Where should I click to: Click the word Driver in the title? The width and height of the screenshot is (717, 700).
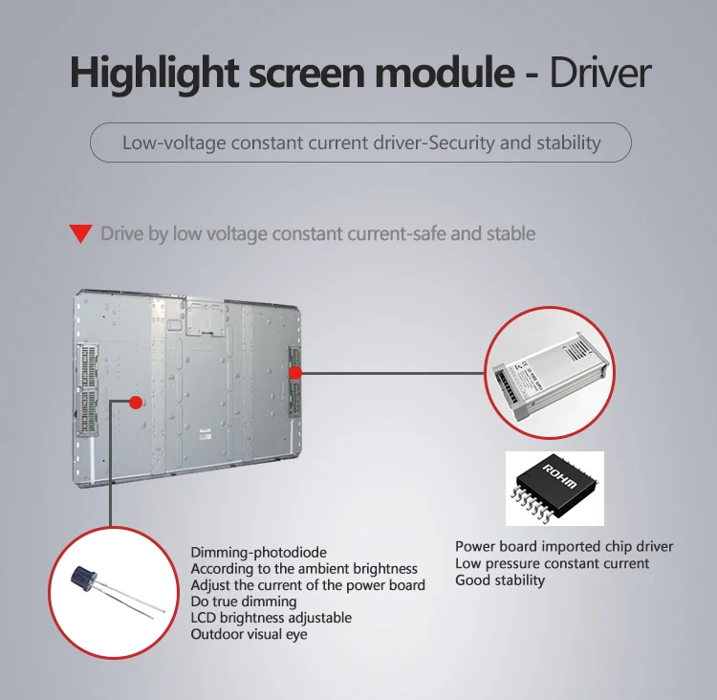point(600,74)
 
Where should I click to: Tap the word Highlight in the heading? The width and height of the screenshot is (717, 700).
point(154,74)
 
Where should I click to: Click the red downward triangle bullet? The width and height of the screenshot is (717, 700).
point(81,233)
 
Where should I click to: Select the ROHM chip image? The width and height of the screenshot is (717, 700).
point(554,488)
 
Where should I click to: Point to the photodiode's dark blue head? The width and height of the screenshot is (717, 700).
point(84,578)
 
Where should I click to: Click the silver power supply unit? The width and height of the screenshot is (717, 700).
point(550,374)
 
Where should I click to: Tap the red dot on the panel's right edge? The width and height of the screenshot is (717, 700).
point(295,373)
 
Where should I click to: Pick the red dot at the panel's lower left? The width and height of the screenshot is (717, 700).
point(136,403)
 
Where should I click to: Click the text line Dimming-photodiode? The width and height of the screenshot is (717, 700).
point(258,552)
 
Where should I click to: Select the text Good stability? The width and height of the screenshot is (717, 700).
point(500,580)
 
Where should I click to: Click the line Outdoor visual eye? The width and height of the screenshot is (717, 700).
point(249,634)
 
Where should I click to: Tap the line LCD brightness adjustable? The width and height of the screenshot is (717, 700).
point(272,618)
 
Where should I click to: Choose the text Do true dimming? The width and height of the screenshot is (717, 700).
point(244,602)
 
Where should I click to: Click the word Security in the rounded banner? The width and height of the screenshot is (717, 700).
point(462,142)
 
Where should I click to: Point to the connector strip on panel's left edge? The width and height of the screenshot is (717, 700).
point(87,388)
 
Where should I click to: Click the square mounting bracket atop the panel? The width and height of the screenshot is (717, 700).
point(206,317)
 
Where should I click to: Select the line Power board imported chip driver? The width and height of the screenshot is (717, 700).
point(564,546)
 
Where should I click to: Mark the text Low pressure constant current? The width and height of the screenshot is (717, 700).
point(552,563)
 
